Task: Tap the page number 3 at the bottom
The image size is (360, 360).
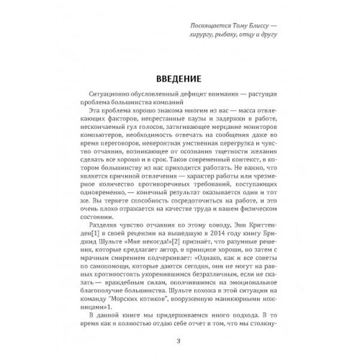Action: click(179, 342)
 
